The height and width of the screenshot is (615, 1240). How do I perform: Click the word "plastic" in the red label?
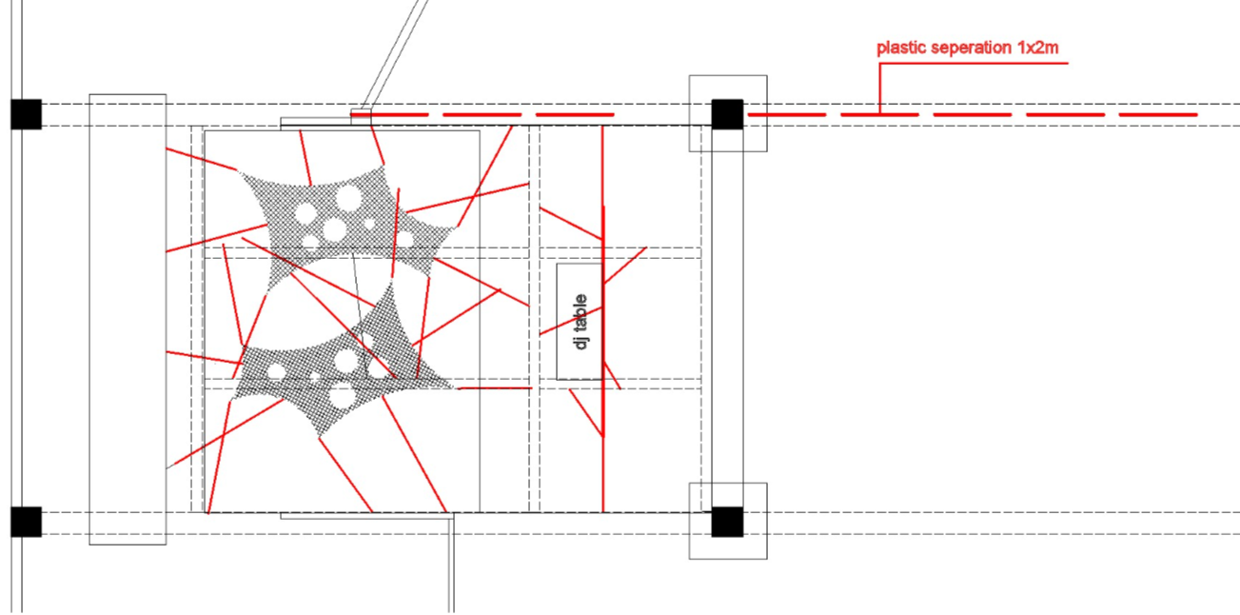(900, 47)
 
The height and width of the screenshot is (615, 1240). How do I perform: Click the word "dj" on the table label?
(581, 339)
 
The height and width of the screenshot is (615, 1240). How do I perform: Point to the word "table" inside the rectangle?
(581, 310)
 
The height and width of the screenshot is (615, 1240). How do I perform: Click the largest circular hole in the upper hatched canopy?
(348, 198)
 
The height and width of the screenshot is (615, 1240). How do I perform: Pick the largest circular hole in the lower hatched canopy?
(345, 360)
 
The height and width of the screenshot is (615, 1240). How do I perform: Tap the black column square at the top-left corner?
(27, 114)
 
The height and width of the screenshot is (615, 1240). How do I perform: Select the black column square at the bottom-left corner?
(27, 522)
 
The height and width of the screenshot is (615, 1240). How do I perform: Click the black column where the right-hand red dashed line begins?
(727, 114)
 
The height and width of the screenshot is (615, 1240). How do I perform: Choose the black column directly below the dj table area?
(727, 522)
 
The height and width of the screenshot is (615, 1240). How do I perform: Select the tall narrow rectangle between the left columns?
(128, 319)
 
